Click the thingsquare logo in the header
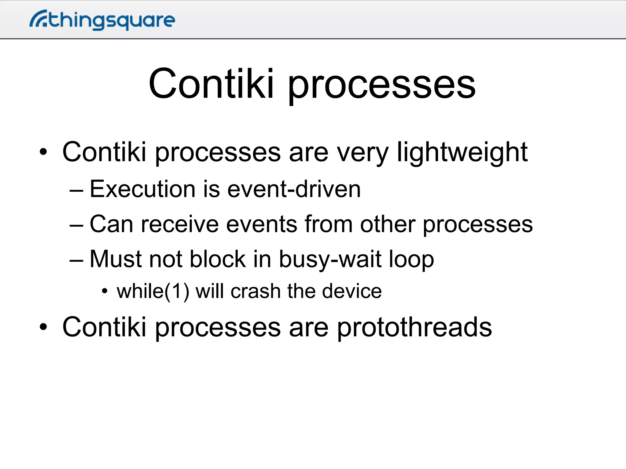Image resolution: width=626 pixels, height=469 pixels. (102, 20)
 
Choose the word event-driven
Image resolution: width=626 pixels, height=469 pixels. (294, 189)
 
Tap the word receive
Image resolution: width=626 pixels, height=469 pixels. (180, 224)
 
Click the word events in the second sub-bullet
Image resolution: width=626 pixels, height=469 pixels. (262, 224)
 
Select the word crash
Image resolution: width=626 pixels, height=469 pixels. (256, 291)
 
